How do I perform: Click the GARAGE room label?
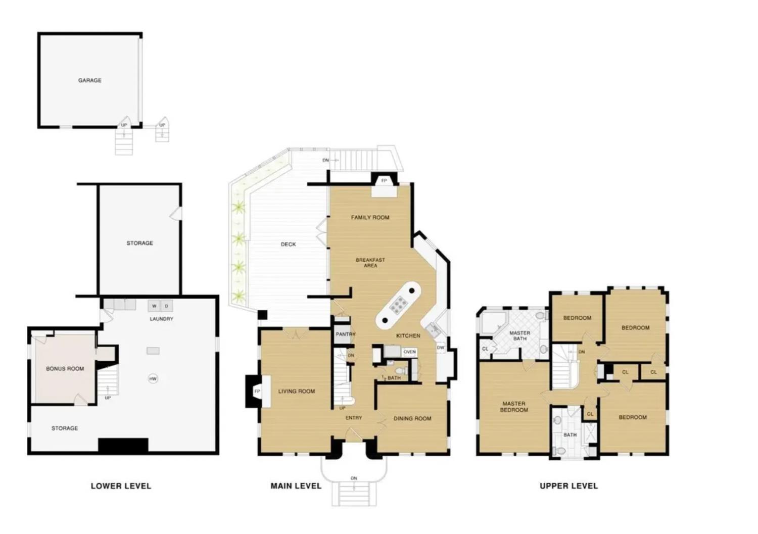(x=89, y=80)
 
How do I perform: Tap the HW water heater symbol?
(x=153, y=378)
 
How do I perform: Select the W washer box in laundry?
(x=154, y=306)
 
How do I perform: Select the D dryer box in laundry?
(x=166, y=306)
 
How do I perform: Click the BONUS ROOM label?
(x=65, y=369)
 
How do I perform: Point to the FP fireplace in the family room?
(x=384, y=181)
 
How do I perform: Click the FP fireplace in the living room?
(x=257, y=391)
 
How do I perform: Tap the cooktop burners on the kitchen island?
(x=399, y=305)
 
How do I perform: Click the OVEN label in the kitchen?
(x=409, y=352)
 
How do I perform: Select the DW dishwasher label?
(x=440, y=348)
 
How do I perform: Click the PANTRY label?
(x=346, y=334)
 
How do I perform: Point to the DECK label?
(x=288, y=245)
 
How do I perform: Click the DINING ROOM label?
(x=412, y=418)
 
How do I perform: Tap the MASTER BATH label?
(x=519, y=336)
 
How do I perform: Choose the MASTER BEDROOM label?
(x=514, y=407)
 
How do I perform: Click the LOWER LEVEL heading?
(x=121, y=486)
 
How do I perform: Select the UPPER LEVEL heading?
(x=568, y=486)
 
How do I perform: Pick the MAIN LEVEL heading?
(x=296, y=486)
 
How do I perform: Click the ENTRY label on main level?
(x=354, y=418)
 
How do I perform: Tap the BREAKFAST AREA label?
(x=370, y=263)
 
